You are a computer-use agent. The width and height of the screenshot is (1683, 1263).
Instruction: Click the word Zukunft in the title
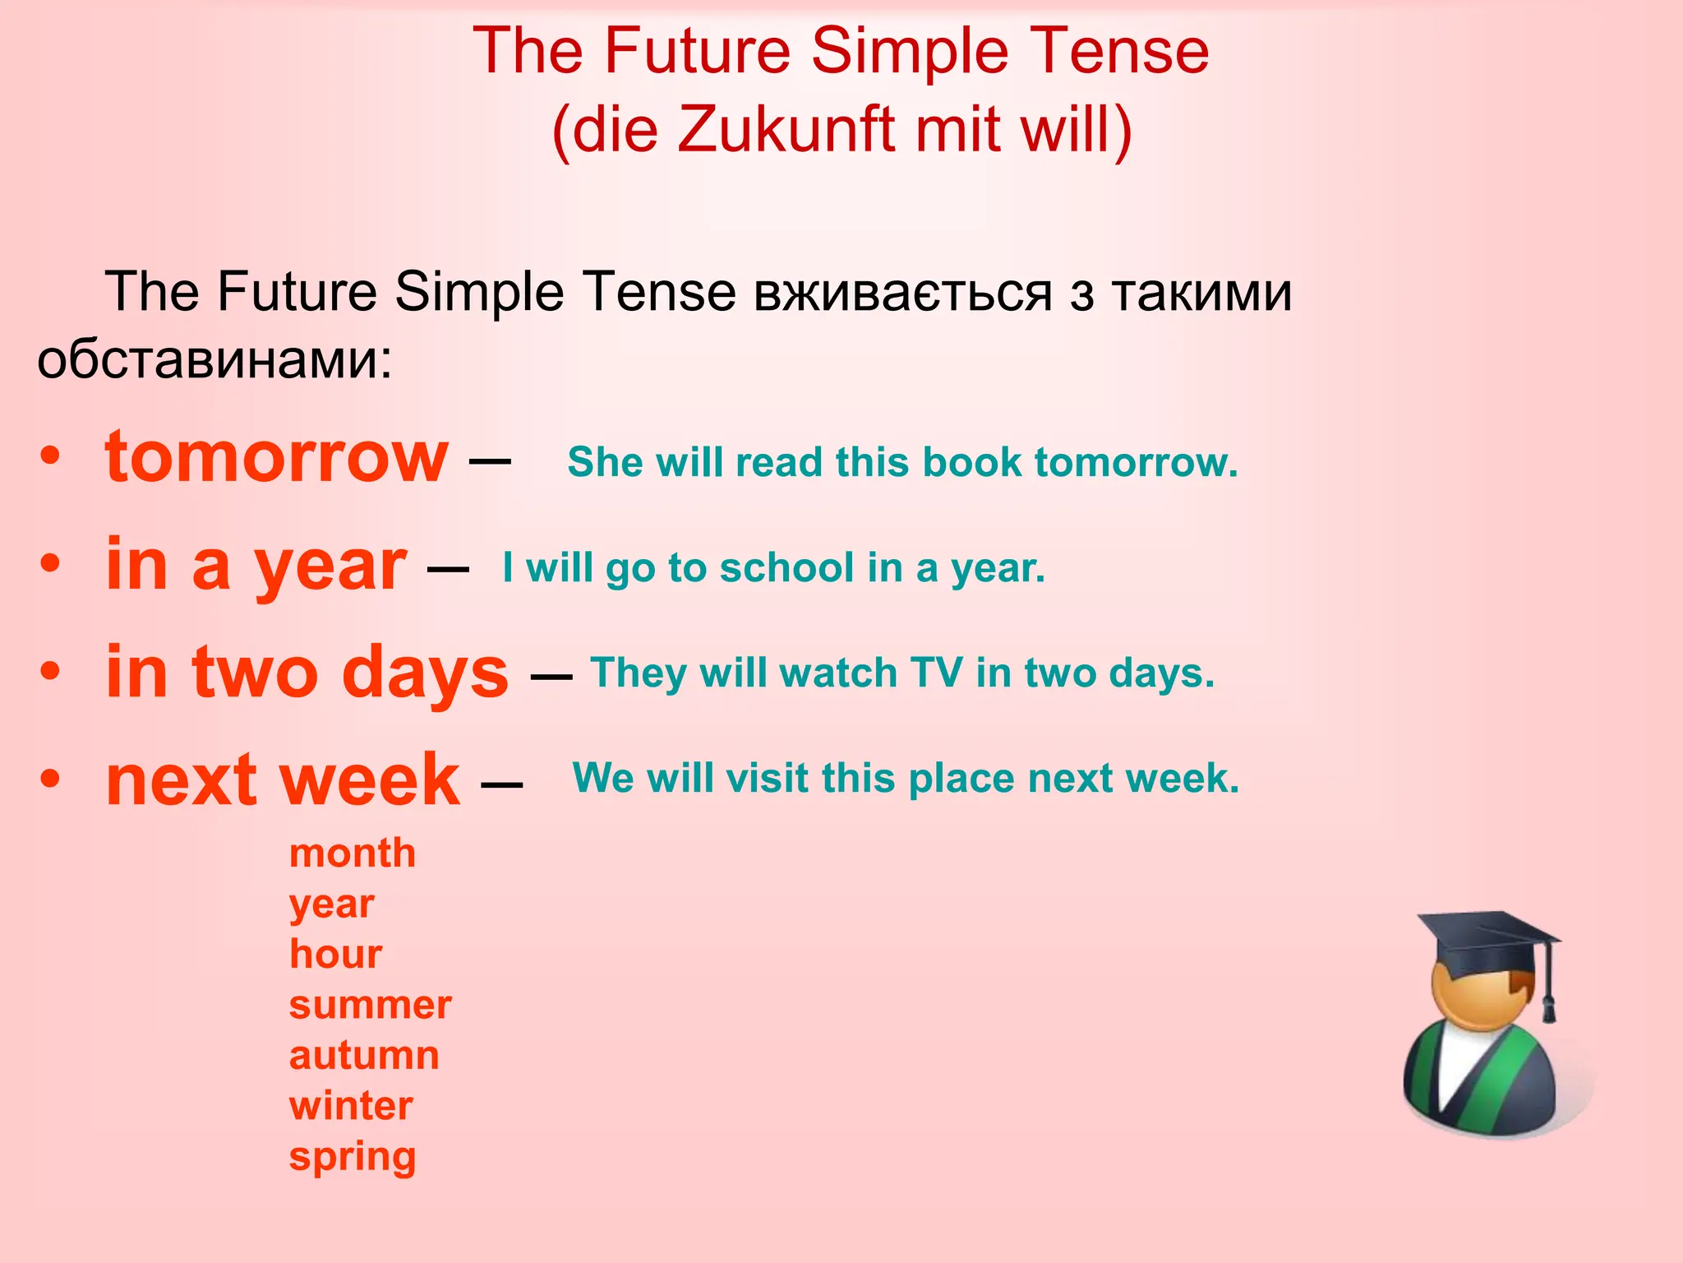click(x=786, y=130)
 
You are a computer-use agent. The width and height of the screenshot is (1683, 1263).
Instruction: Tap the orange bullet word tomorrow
click(x=277, y=457)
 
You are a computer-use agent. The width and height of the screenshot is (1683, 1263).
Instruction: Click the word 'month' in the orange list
click(x=353, y=854)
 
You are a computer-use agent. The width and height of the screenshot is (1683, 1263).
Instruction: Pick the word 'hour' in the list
click(x=335, y=954)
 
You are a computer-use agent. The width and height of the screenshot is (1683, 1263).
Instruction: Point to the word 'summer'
click(x=370, y=1005)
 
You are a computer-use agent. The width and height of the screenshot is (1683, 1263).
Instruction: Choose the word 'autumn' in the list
click(x=364, y=1055)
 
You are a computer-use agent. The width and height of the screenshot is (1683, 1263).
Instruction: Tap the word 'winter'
click(x=351, y=1106)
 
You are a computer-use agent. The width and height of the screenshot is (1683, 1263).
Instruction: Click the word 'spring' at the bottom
click(x=353, y=1157)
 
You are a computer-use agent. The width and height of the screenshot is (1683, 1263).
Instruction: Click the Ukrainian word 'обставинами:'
click(x=215, y=359)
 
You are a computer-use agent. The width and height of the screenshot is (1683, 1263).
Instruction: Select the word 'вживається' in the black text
click(x=903, y=292)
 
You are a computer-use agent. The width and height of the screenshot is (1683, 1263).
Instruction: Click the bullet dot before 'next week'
click(x=51, y=778)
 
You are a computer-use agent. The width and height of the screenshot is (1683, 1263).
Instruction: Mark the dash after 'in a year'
click(x=448, y=568)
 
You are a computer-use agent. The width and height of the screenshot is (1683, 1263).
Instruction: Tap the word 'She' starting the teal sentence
click(x=605, y=462)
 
